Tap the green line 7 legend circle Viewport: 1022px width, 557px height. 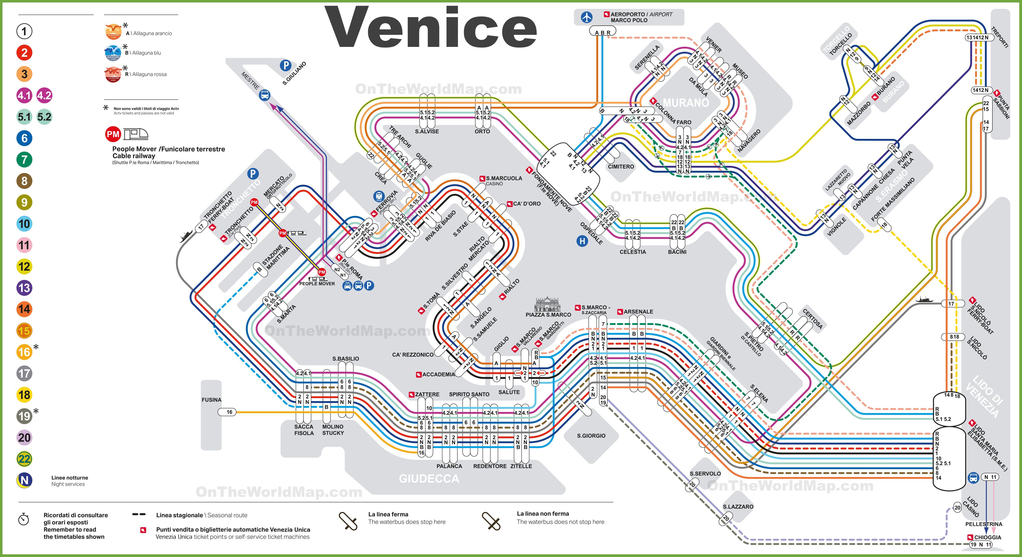(x=24, y=160)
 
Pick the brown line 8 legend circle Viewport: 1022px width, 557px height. (x=24, y=181)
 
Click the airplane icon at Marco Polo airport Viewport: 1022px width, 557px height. (x=586, y=17)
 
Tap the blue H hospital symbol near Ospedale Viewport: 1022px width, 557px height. (x=582, y=241)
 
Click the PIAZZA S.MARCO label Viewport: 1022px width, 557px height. (x=548, y=315)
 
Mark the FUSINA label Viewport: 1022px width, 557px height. (x=211, y=400)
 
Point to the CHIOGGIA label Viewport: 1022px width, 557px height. (x=987, y=537)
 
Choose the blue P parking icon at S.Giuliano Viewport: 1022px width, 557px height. (x=285, y=65)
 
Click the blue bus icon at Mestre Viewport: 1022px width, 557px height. (x=265, y=95)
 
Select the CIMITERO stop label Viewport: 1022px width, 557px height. (x=621, y=167)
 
